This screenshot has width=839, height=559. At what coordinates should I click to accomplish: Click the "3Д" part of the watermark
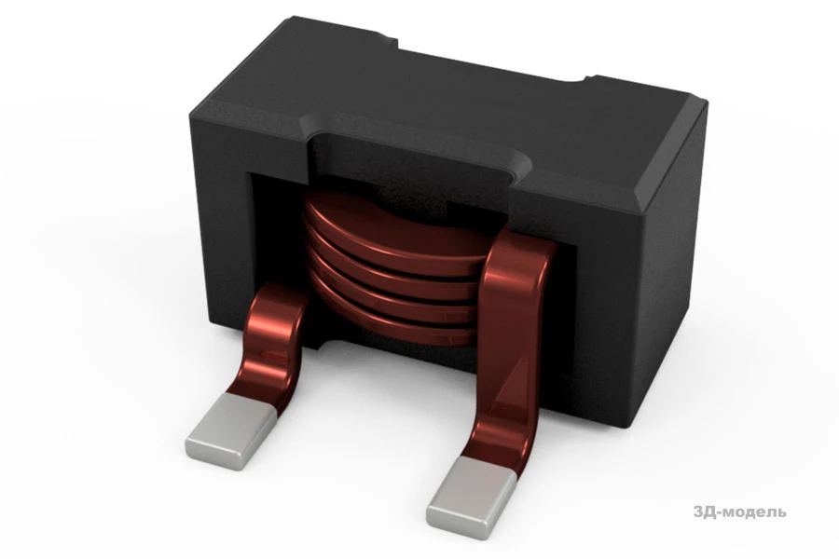click(x=705, y=511)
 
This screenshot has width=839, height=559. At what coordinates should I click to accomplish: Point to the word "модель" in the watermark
click(x=755, y=511)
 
